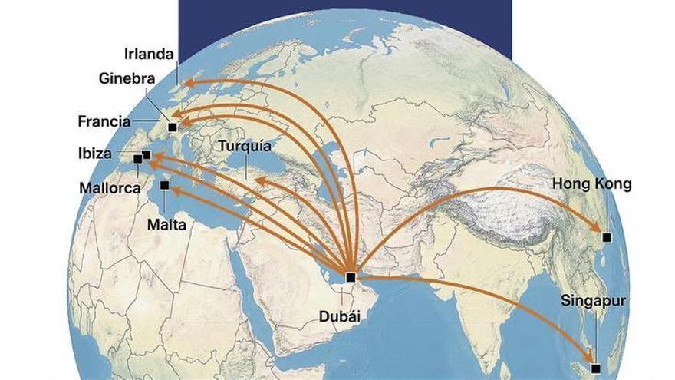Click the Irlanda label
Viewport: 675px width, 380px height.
[150, 55]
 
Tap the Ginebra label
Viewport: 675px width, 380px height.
[127, 78]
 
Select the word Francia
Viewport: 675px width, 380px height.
[104, 121]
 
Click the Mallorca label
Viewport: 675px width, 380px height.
[108, 187]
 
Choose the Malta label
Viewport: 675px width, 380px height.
[170, 225]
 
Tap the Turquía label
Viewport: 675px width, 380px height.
[244, 146]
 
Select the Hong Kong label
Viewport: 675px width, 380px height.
[592, 184]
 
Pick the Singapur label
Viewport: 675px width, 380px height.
[594, 300]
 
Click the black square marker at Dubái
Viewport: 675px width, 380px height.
[351, 276]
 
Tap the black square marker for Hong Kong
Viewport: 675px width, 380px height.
[607, 238]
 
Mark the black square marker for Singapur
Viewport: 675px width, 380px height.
[595, 368]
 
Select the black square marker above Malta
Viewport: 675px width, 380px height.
[164, 185]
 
